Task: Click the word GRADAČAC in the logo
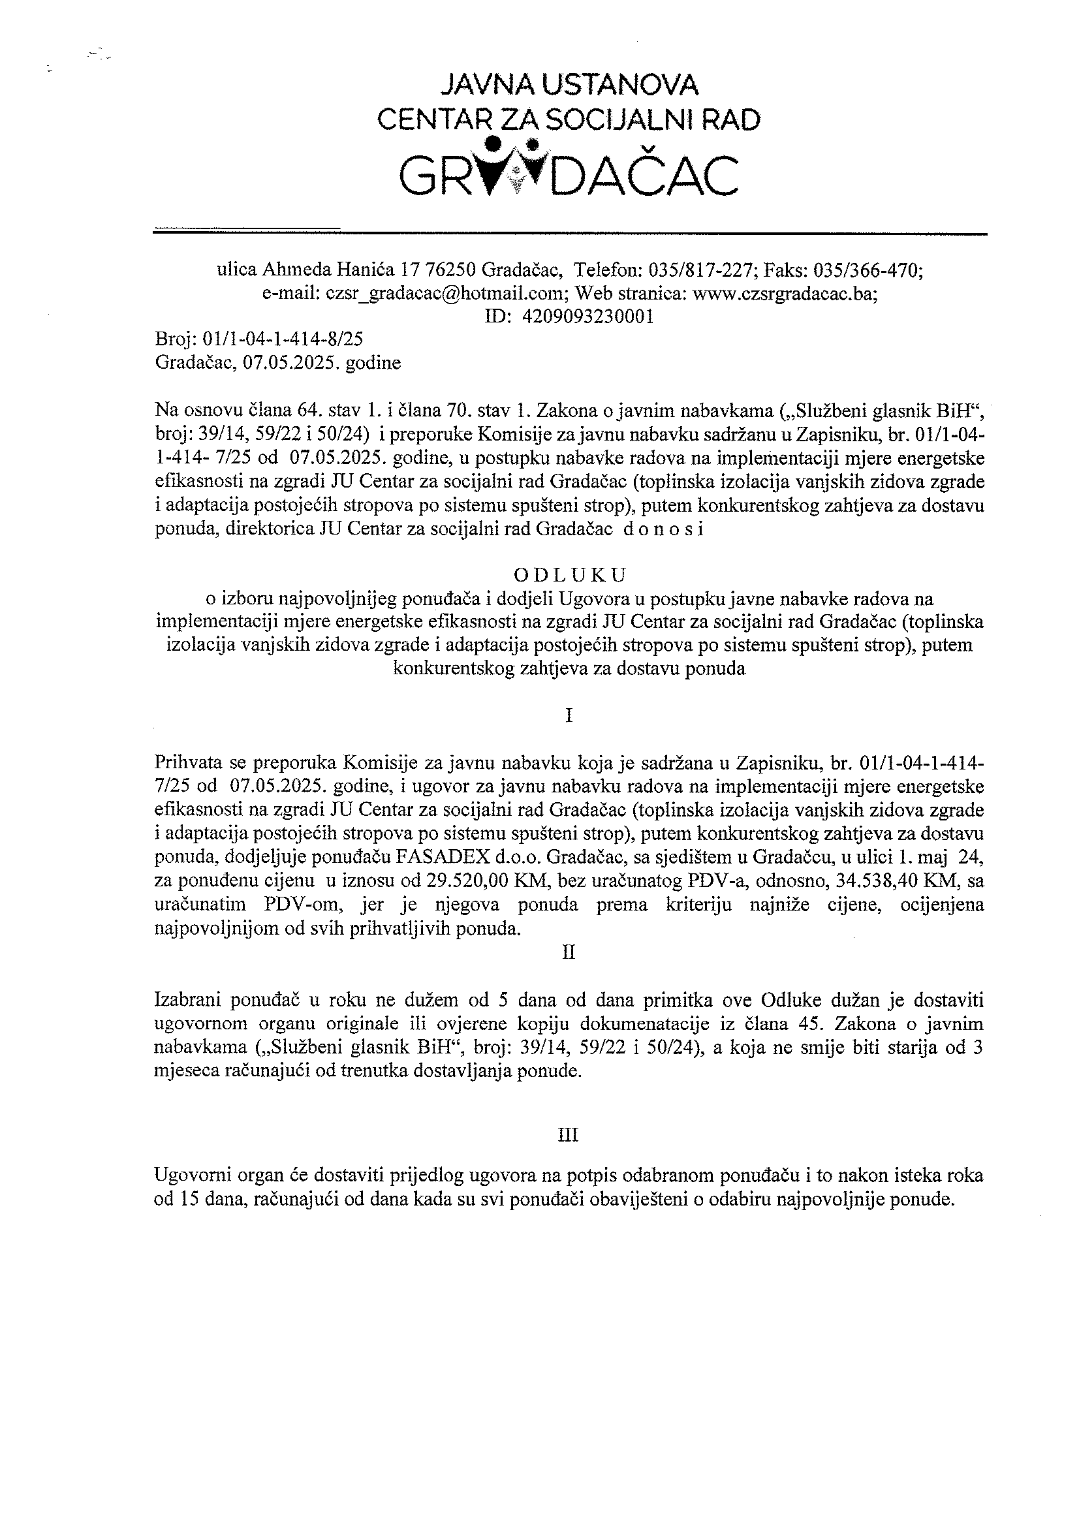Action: click(x=569, y=175)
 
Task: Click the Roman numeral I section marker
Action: click(x=569, y=716)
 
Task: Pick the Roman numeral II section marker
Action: click(x=569, y=952)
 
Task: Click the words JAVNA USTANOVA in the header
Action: click(x=571, y=85)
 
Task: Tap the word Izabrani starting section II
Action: click(x=185, y=999)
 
